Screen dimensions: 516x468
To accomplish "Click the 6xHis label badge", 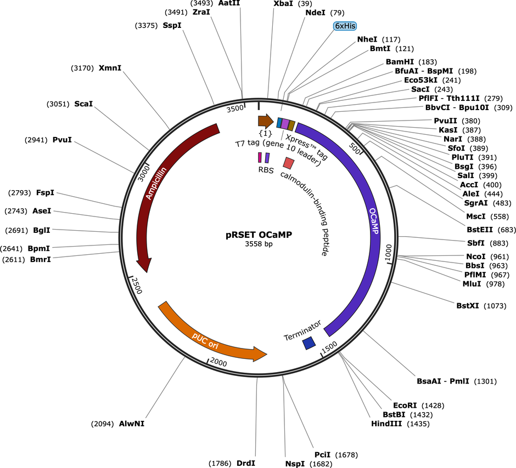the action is pos(345,26).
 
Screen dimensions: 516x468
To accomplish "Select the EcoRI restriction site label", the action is pos(405,406).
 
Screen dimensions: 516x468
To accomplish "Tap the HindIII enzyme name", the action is pos(386,424).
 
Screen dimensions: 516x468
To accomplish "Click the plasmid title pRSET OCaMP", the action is pos(259,235).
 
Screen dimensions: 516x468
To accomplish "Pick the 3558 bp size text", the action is pos(259,244).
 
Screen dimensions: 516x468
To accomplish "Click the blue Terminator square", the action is pos(309,343).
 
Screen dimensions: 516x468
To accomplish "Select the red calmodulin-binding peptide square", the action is pos(289,163).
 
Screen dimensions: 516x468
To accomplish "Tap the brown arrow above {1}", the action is pos(266,121).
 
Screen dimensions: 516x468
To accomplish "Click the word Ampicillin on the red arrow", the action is pos(156,183).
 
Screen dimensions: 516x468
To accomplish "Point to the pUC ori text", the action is pos(205,341).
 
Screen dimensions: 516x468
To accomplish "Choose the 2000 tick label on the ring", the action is pos(218,362).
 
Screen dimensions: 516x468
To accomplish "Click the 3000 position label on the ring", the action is pos(143,173).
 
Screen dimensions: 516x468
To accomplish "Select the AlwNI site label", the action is pos(132,424).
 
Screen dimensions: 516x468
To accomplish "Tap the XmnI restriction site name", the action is pos(110,68).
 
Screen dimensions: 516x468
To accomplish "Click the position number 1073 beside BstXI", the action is pos(495,306).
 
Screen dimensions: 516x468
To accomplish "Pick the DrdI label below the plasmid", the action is pos(246,463).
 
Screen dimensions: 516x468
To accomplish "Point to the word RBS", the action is pos(266,170).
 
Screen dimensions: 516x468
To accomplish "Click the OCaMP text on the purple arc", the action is pos(373,221).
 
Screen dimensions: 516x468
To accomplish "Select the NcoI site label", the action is pos(476,256).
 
